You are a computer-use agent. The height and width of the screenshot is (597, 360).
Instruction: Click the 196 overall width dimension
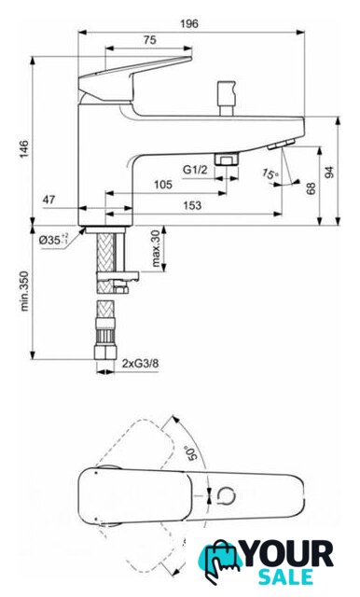pyautogui.click(x=189, y=23)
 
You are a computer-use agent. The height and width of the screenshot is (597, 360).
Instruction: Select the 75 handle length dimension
pyautogui.click(x=149, y=39)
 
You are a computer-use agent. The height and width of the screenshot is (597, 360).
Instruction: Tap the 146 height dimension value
pyautogui.click(x=24, y=149)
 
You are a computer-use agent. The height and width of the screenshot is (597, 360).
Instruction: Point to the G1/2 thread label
pyautogui.click(x=195, y=170)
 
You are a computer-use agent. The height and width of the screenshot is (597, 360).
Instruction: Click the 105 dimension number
pyautogui.click(x=163, y=185)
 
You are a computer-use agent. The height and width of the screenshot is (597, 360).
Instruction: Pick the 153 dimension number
pyautogui.click(x=192, y=205)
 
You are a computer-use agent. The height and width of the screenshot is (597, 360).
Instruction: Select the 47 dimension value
pyautogui.click(x=48, y=199)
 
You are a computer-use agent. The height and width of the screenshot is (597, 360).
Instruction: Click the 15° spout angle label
pyautogui.click(x=270, y=174)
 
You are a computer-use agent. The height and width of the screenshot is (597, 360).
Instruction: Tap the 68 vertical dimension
pyautogui.click(x=311, y=188)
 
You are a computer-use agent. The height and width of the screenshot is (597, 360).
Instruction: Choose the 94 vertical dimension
pyautogui.click(x=329, y=172)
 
